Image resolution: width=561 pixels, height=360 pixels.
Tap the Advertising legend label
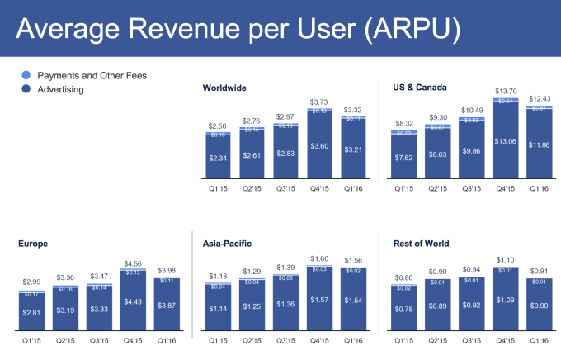60,89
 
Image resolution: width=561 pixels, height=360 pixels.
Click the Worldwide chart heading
224,87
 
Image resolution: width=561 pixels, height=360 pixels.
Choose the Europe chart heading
33,244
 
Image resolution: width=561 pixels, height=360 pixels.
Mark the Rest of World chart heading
412,244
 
